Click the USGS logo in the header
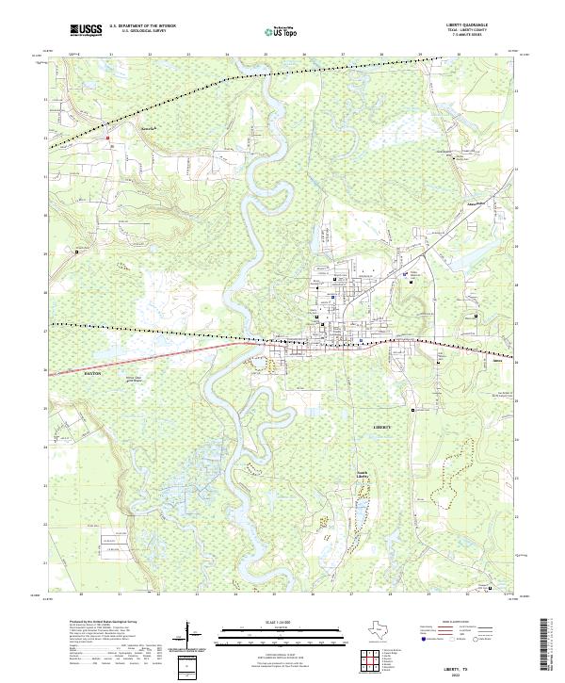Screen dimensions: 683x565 [x=85, y=29]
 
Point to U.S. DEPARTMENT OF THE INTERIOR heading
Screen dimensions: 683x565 [x=143, y=25]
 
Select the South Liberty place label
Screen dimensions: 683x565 [x=363, y=475]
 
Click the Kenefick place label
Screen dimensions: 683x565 [x=122, y=122]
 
